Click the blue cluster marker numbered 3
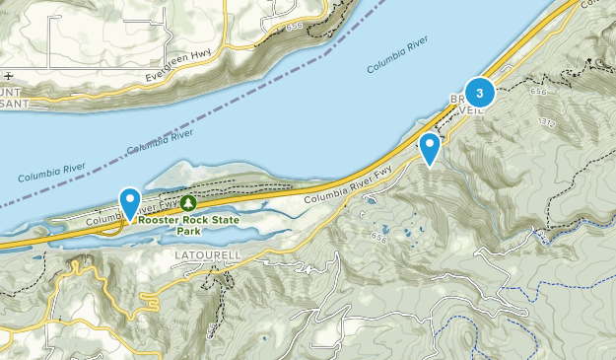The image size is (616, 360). [x=480, y=94]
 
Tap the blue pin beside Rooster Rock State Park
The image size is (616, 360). [x=129, y=202]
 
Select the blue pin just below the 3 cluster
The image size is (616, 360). [x=430, y=148]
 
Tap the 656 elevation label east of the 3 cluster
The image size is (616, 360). [x=536, y=91]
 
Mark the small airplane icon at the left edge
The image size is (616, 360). [x=9, y=75]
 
